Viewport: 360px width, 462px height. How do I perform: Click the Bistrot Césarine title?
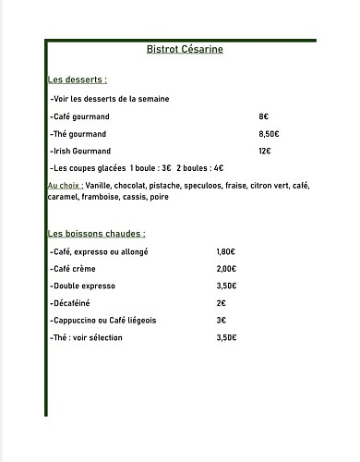184,50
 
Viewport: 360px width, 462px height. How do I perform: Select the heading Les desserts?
77,80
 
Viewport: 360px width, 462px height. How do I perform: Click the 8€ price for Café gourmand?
264,116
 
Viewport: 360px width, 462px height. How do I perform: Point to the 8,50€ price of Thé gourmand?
270,134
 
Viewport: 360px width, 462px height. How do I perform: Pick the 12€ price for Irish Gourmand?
265,152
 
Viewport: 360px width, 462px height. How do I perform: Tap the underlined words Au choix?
64,186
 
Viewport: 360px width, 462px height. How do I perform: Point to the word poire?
159,197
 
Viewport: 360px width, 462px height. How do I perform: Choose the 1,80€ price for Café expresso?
226,252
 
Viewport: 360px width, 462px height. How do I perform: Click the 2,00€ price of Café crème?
226,269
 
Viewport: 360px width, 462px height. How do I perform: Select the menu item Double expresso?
84,286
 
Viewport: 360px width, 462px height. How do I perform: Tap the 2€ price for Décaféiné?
222,303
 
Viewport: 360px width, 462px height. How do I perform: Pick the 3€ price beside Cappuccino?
222,321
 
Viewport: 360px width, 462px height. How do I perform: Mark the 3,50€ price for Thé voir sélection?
226,338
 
